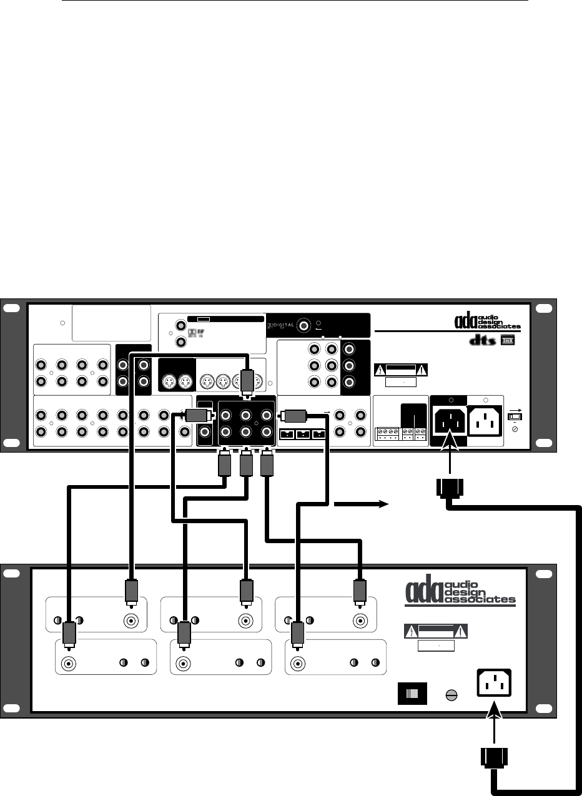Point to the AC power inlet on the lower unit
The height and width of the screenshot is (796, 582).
(497, 682)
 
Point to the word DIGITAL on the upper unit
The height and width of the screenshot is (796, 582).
(283, 325)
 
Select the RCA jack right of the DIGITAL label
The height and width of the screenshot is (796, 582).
(305, 325)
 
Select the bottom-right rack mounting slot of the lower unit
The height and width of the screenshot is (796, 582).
(544, 707)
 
